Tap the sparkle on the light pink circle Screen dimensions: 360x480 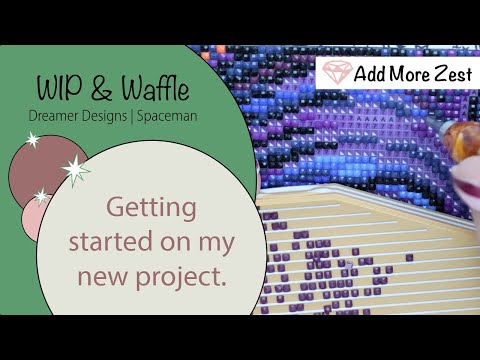[41, 196]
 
